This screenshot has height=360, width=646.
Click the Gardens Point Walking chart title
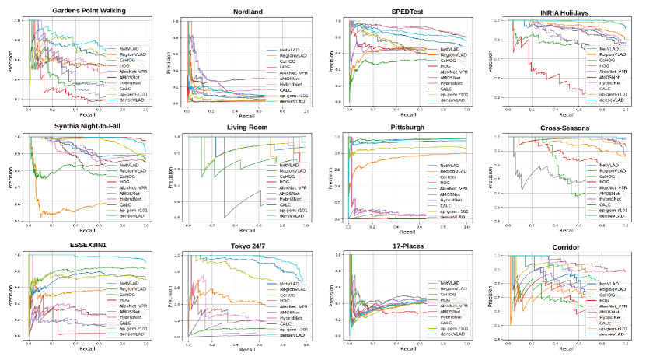(89, 11)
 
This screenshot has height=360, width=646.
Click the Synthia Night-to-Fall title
(90, 128)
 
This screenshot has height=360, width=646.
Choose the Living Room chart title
(246, 128)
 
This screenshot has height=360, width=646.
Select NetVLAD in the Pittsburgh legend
(454, 166)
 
